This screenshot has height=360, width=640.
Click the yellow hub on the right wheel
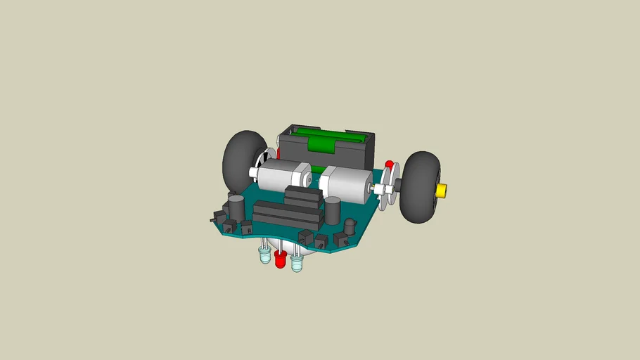tap(442, 190)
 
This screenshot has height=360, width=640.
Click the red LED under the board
tap(280, 259)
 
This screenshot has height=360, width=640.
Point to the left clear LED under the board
tap(264, 255)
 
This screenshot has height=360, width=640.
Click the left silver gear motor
tap(280, 176)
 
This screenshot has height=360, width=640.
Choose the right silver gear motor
tap(345, 184)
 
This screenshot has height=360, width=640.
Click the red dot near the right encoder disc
tap(389, 165)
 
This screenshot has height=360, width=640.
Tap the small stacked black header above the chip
tap(303, 196)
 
